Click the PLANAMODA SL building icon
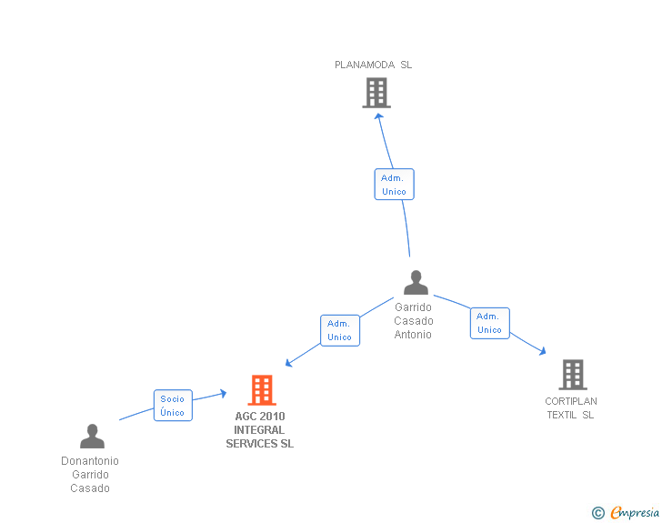(x=376, y=93)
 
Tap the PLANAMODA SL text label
(x=373, y=65)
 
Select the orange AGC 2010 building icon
(x=262, y=390)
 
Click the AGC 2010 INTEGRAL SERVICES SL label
(x=260, y=430)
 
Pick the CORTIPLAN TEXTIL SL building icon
(x=572, y=374)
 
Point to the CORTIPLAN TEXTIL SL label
(x=571, y=408)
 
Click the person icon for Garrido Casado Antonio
(x=416, y=283)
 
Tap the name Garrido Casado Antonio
(x=414, y=321)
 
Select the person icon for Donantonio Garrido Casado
(x=92, y=437)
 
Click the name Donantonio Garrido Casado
(x=90, y=475)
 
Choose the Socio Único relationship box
(x=173, y=406)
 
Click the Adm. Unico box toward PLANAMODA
(x=394, y=185)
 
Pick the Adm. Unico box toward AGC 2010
(x=339, y=330)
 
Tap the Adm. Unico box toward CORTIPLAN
(x=489, y=323)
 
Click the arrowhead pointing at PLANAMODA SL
(x=378, y=116)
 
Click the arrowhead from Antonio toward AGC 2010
(x=289, y=363)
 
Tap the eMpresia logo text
(x=635, y=512)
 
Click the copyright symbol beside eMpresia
(x=598, y=513)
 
